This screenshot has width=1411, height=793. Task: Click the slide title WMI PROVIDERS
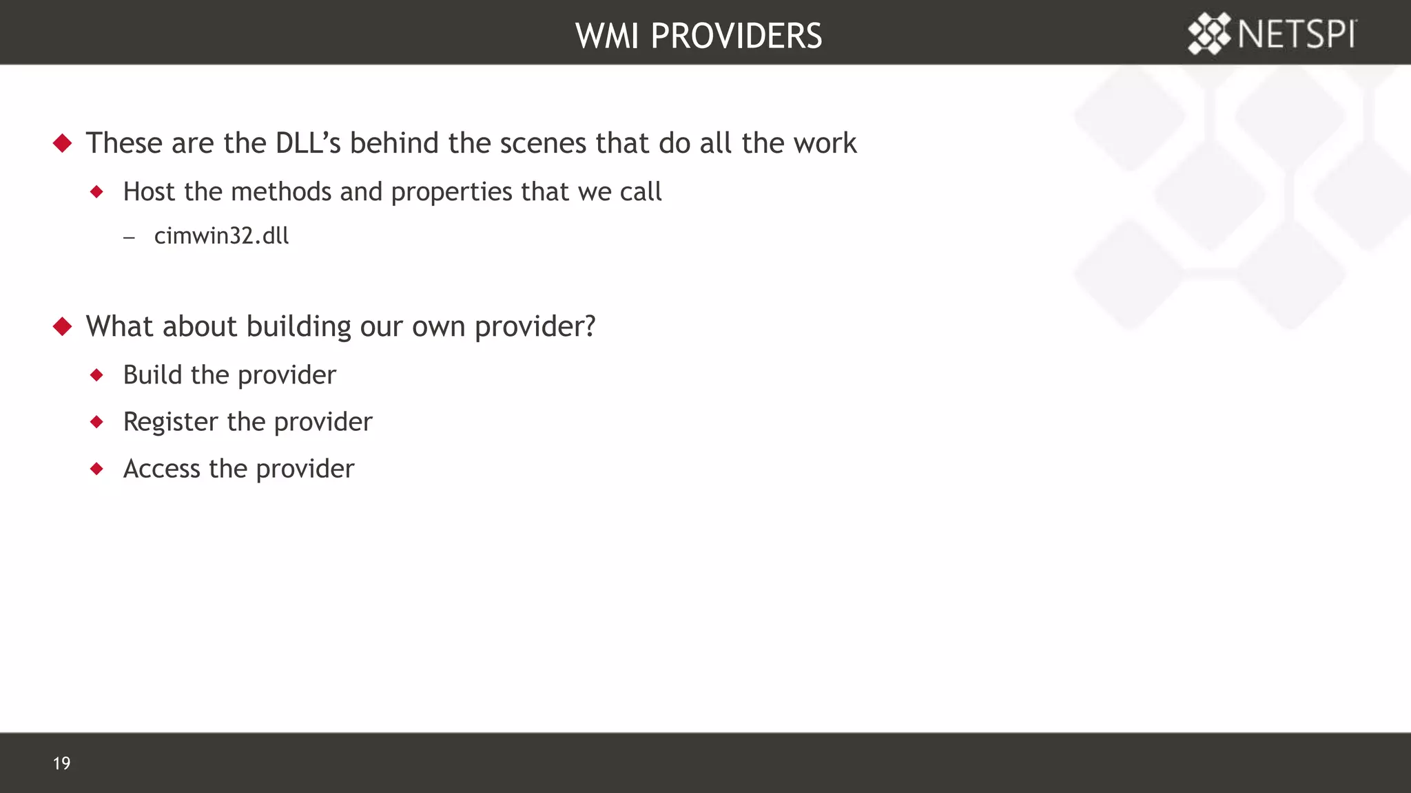coord(699,36)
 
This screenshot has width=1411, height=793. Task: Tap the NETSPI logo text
coord(1297,34)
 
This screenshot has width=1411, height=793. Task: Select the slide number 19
coord(61,763)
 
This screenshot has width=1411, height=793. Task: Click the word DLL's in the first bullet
coord(308,143)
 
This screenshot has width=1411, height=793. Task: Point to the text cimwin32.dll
coord(221,236)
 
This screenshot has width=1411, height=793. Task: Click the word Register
coord(170,422)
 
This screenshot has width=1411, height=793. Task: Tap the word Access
coord(161,469)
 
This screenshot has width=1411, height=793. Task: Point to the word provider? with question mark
coord(535,327)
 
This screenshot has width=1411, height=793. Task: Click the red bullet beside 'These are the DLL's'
coord(63,143)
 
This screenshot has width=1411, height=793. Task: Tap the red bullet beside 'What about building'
coord(63,326)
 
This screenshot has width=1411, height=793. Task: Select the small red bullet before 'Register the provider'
coord(97,421)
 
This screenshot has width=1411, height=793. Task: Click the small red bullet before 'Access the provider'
coord(97,469)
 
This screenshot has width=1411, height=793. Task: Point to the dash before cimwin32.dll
coord(130,237)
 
